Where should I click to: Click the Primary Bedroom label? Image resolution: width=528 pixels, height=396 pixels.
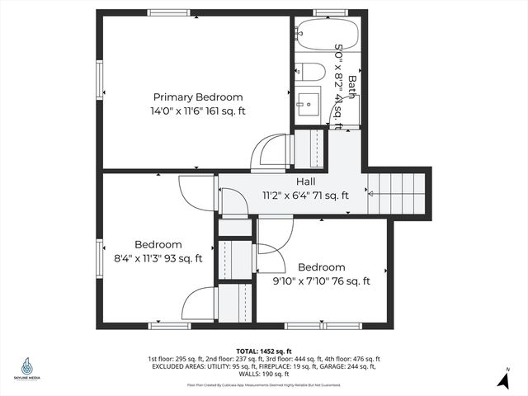pyautogui.click(x=196, y=97)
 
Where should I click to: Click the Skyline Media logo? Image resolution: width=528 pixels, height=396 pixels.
pyautogui.click(x=26, y=369)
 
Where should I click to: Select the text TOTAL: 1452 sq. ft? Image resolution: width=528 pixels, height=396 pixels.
pyautogui.click(x=264, y=351)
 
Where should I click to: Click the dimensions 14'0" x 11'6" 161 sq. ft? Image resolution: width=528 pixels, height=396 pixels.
pyautogui.click(x=197, y=111)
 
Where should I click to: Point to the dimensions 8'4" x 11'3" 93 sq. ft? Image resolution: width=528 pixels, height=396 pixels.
pyautogui.click(x=158, y=258)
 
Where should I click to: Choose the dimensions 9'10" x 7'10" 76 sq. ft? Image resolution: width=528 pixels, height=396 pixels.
pyautogui.click(x=321, y=281)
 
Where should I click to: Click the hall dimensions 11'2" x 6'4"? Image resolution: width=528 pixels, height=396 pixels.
pyautogui.click(x=305, y=196)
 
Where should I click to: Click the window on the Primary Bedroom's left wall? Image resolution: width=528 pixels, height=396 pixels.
pyautogui.click(x=100, y=82)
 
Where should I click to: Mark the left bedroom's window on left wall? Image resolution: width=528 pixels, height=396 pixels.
pyautogui.click(x=100, y=257)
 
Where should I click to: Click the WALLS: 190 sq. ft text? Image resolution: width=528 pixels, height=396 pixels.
pyautogui.click(x=264, y=374)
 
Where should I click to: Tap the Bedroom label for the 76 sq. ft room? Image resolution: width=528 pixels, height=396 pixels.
pyautogui.click(x=321, y=267)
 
